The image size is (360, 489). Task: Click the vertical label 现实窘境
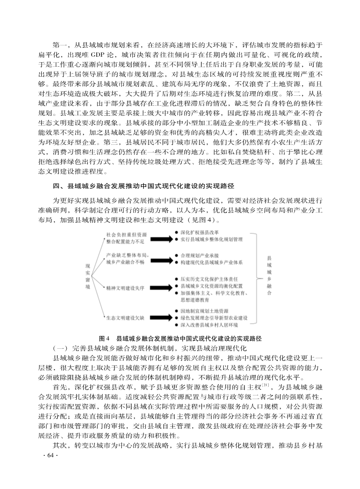(87, 277)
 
